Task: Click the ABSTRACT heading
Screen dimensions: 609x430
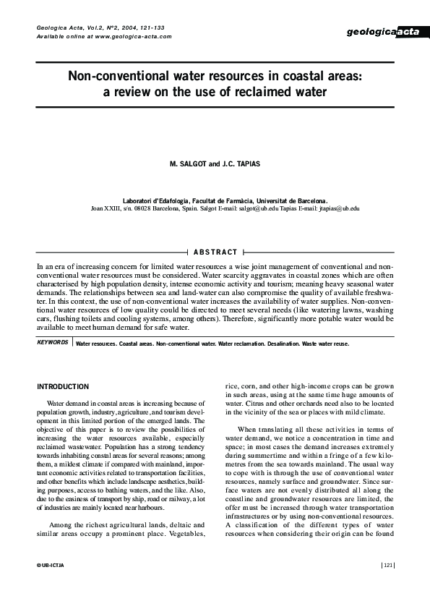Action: tap(215, 252)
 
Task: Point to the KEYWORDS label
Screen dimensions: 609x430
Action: tap(52, 341)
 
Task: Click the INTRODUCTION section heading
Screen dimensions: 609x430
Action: tap(63, 387)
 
